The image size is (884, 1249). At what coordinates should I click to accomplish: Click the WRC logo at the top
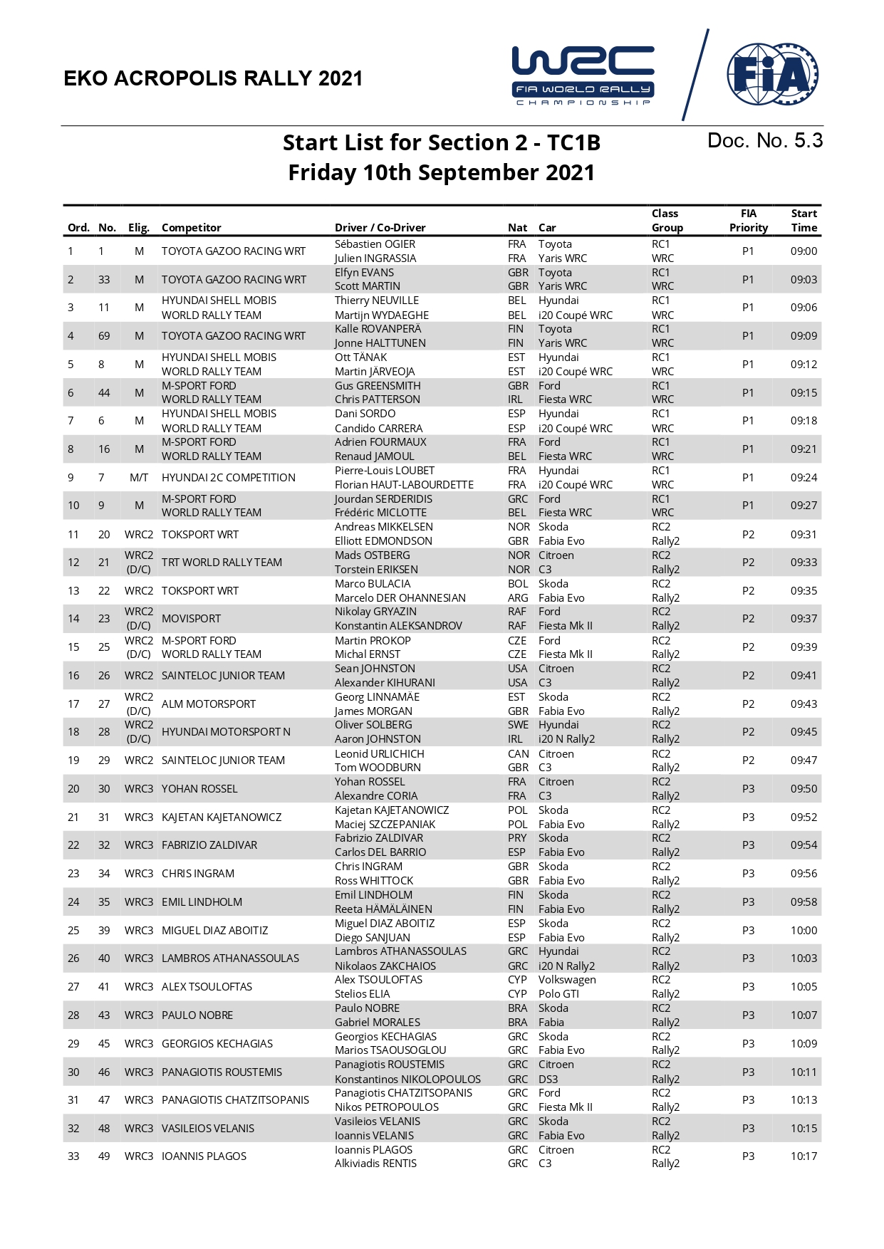[583, 75]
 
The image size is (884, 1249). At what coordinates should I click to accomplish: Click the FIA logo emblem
[772, 73]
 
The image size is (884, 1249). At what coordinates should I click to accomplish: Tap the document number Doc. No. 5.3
[764, 141]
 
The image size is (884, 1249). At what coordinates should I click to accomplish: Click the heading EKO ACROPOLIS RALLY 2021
[213, 78]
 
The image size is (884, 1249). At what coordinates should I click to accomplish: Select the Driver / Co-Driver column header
[380, 228]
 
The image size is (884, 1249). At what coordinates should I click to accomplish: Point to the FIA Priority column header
[748, 221]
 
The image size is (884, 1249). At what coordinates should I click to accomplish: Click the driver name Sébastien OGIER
[375, 244]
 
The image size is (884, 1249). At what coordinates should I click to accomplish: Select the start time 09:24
[804, 478]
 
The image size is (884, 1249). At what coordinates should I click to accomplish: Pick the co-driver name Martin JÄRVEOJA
[374, 372]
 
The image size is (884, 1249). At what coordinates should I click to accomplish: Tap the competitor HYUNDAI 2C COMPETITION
[228, 478]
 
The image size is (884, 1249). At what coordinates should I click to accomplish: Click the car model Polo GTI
[558, 994]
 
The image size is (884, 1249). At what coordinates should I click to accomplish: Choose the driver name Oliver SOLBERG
[373, 725]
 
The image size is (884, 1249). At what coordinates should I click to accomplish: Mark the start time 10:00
[804, 931]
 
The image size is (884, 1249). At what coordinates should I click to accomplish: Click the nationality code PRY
[517, 838]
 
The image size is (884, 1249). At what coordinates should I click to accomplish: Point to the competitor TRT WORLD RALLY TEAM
[222, 563]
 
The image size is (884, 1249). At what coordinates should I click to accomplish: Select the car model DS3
[548, 1079]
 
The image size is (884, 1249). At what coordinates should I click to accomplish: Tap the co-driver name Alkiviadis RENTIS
[375, 1164]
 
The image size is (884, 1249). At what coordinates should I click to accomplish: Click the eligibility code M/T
[139, 478]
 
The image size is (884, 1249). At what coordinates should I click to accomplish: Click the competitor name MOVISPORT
[191, 619]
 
